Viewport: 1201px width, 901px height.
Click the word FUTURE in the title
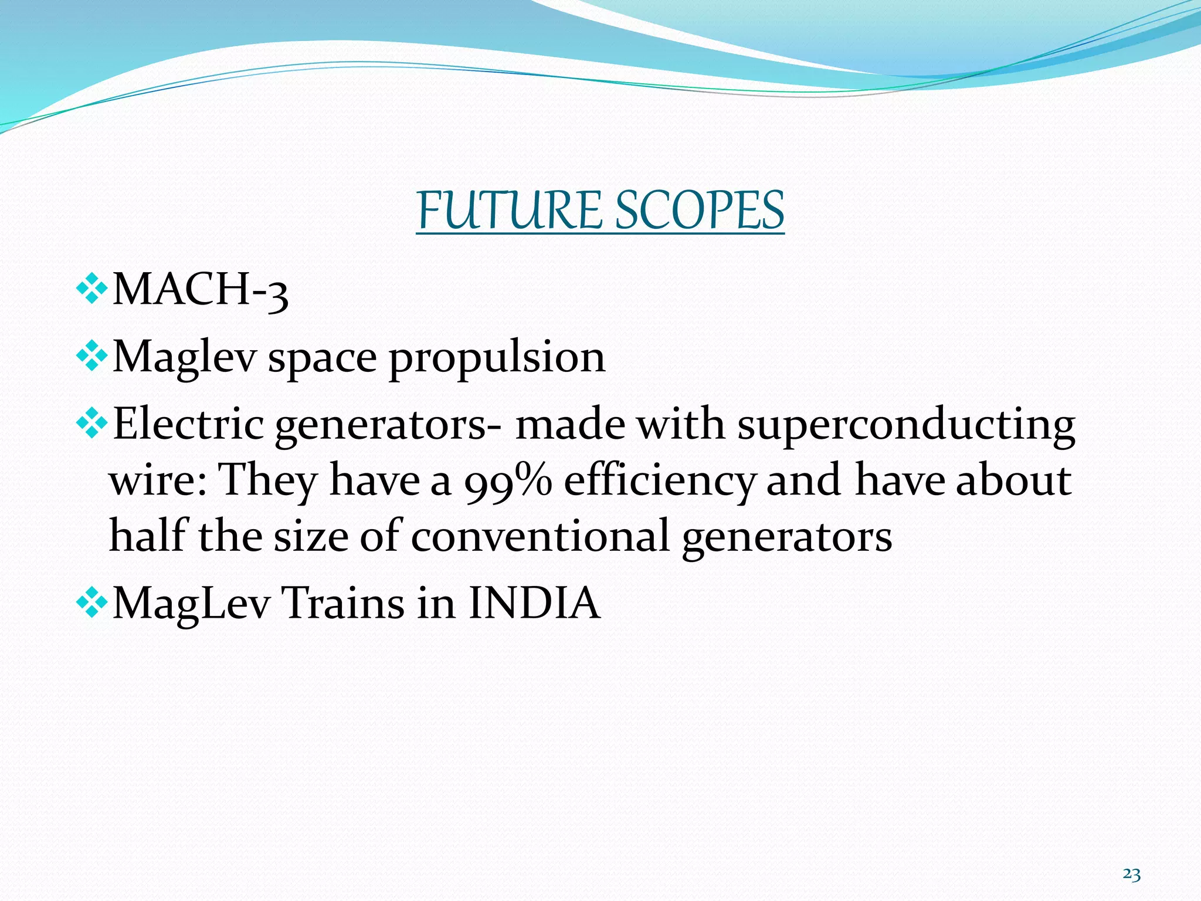coord(509,211)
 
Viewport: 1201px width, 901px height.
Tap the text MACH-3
coord(200,290)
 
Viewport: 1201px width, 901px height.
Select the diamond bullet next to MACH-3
coord(92,289)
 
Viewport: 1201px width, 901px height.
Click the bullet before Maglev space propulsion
coord(92,356)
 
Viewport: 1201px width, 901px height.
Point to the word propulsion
coord(497,358)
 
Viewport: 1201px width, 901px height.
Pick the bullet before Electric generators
coord(92,424)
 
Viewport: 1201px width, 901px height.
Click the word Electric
coord(188,424)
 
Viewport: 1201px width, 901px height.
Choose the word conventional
coord(540,536)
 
